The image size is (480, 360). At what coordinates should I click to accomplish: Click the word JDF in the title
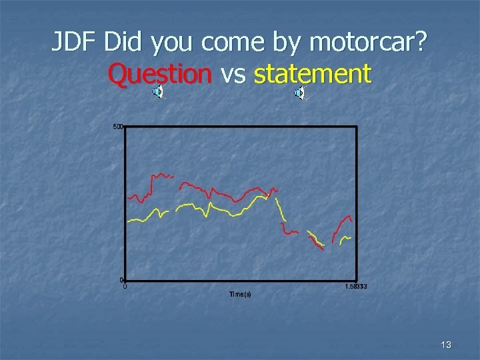tap(75, 43)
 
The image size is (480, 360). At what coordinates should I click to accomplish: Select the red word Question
tap(159, 74)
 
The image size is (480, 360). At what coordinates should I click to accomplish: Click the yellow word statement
tap(312, 74)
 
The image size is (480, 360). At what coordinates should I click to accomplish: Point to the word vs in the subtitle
tap(232, 75)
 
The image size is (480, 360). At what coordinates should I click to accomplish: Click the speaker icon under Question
tap(157, 92)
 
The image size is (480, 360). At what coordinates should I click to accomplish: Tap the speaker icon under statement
tap(300, 93)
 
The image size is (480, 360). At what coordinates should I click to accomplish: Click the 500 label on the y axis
tap(117, 126)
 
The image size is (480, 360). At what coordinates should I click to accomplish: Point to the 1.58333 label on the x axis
tap(356, 287)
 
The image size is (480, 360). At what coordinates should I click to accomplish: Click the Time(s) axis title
tap(240, 294)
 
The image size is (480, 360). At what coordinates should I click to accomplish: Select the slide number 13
tap(446, 345)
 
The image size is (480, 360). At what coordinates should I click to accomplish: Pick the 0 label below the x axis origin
tap(125, 287)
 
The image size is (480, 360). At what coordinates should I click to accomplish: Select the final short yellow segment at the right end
tap(345, 238)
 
